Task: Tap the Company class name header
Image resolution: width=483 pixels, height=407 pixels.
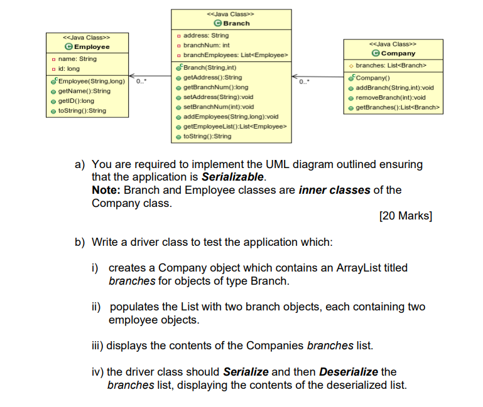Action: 398,53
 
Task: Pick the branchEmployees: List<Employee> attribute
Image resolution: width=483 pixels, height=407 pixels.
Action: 232,56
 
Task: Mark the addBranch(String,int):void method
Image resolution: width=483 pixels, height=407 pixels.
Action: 394,88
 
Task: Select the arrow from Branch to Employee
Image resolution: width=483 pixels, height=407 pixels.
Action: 151,77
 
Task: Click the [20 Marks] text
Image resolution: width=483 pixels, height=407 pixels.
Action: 405,216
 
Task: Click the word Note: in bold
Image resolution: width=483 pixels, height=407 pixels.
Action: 106,189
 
